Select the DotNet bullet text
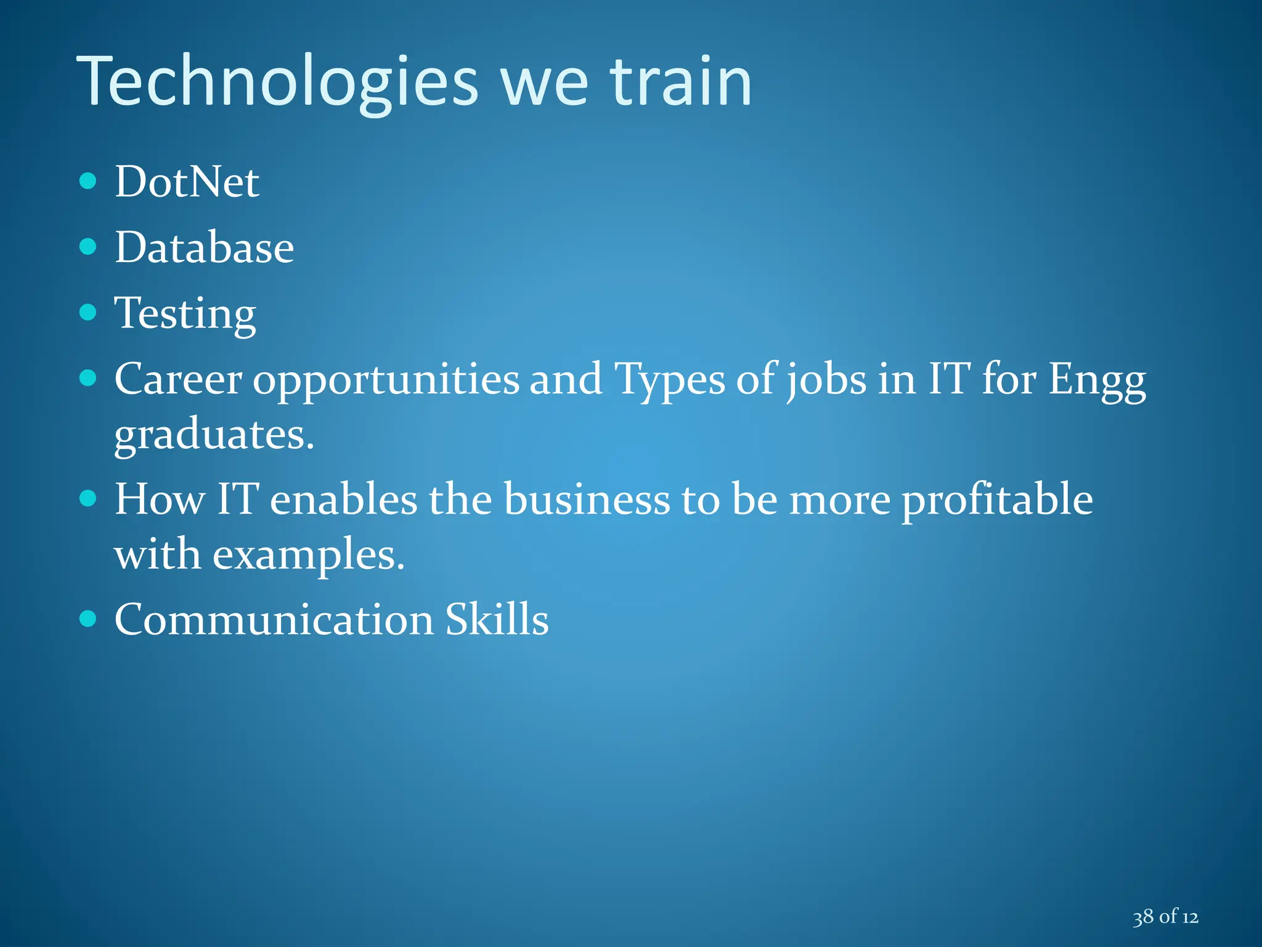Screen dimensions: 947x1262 point(187,182)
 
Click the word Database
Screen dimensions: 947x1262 point(204,247)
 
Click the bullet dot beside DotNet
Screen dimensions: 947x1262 point(88,181)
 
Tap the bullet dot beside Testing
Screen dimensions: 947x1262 point(88,312)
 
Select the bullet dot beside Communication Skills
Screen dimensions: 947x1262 point(88,618)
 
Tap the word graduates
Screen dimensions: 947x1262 point(214,435)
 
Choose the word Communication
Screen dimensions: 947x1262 point(274,619)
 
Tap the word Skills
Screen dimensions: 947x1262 point(497,619)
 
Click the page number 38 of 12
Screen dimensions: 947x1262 point(1165,917)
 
